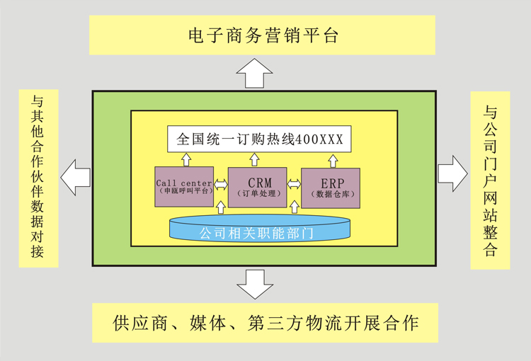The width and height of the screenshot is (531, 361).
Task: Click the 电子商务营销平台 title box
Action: pos(262,35)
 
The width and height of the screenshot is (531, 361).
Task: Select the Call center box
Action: pos(184,187)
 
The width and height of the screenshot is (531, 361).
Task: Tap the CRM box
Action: pos(258,188)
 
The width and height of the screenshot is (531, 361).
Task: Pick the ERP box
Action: pos(331,188)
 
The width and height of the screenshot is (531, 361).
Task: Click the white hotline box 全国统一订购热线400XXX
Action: pos(259,139)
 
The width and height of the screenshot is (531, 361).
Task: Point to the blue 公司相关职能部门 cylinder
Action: pos(260,228)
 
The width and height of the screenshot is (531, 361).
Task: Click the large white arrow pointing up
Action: pos(254,73)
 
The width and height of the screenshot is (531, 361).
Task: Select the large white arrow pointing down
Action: pos(255,285)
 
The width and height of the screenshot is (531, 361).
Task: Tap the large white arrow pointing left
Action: pos(76,178)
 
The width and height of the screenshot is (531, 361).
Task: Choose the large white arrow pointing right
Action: pos(453,173)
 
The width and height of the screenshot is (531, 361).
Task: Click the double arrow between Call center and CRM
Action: pos(221,184)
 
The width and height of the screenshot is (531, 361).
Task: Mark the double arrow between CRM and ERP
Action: pos(294,184)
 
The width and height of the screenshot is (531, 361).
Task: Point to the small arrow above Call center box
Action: pos(186,159)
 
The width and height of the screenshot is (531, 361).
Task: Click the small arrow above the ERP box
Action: pos(333,161)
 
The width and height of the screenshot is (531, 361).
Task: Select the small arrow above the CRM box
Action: pos(254,159)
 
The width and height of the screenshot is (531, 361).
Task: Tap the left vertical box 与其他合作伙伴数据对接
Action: pos(39,178)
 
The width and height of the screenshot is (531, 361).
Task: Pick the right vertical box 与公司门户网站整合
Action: pos(490,180)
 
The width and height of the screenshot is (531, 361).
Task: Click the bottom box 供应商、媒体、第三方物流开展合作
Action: pos(265,323)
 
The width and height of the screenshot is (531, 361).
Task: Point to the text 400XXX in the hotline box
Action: pos(319,139)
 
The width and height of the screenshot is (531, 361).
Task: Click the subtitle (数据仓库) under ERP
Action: pos(333,194)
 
